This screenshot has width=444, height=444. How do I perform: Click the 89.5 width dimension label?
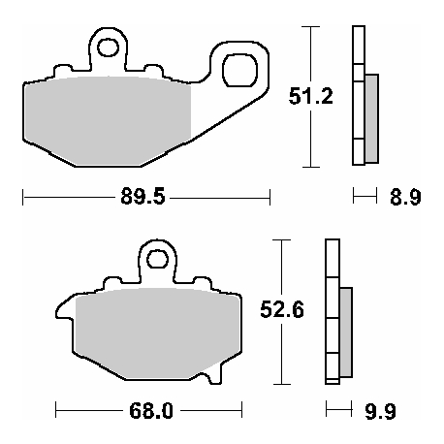click(x=146, y=199)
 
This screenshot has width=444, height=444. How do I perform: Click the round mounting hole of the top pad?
click(x=108, y=47)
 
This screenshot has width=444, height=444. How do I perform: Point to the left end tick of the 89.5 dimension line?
click(x=23, y=199)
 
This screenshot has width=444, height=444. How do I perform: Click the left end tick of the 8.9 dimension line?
click(x=354, y=199)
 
